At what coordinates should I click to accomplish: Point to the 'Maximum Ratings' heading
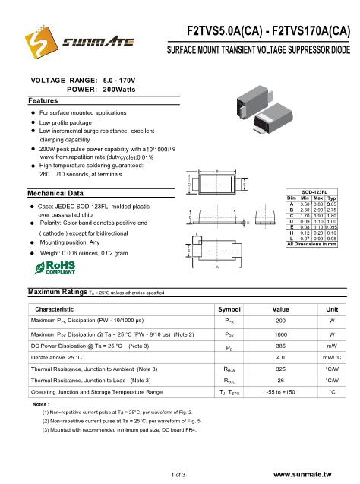point(55,313)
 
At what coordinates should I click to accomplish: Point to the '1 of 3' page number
point(181,474)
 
